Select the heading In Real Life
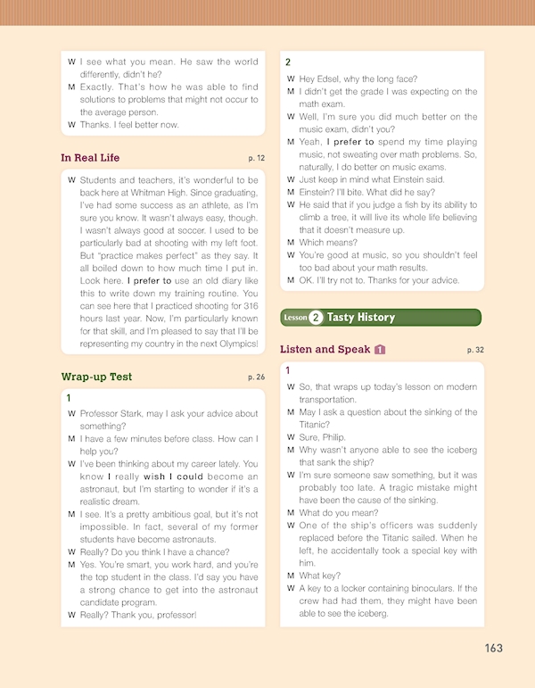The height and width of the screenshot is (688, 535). coord(90,158)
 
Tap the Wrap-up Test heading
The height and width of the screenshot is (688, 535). coord(96,377)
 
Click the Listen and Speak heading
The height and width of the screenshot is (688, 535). coord(325,349)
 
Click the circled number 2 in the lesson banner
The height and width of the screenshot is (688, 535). coord(316,317)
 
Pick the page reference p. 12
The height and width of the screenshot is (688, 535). coord(257,159)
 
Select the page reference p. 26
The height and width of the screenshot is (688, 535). coord(257,377)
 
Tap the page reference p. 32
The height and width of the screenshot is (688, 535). coord(475,350)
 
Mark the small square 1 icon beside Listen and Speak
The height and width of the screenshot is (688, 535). coord(380,349)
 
